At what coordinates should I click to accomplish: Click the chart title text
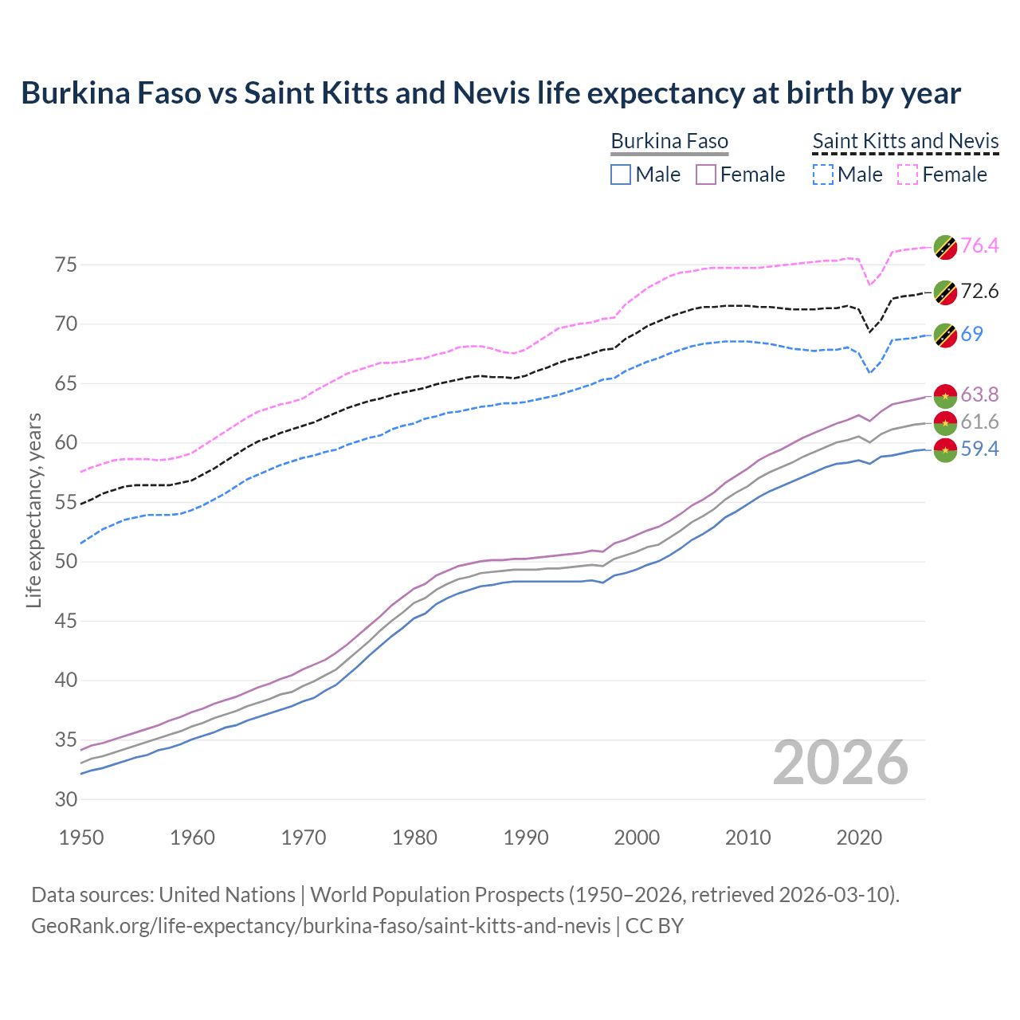tap(491, 93)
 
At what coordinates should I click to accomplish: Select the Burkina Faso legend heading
tap(669, 142)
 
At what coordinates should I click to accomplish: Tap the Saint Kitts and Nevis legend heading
tap(905, 142)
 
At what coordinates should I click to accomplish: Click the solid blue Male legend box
tap(621, 175)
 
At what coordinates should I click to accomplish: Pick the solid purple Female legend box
tap(706, 175)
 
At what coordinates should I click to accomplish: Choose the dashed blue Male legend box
tap(823, 175)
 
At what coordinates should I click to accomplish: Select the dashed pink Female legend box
tap(908, 175)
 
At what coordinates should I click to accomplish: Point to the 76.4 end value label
tap(979, 245)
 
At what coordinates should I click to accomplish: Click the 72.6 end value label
tap(979, 292)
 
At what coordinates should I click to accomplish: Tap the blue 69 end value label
tap(971, 334)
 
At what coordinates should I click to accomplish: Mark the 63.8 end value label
tap(979, 394)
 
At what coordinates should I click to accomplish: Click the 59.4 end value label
tap(979, 449)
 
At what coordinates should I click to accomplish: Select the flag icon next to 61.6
tap(945, 422)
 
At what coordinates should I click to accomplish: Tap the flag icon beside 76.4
tap(945, 247)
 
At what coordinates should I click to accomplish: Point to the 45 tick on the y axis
tap(66, 621)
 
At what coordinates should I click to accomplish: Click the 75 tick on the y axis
tap(66, 265)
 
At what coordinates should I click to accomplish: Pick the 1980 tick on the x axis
tap(414, 838)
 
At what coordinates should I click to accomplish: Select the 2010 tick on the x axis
tap(747, 838)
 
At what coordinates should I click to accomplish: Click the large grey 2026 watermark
tap(841, 763)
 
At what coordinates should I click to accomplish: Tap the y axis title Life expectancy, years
tap(33, 510)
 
